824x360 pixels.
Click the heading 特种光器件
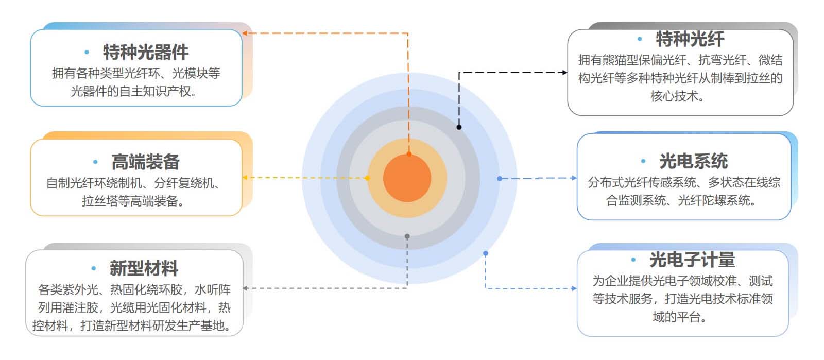pyautogui.click(x=146, y=52)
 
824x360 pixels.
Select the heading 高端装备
pyautogui.click(x=146, y=162)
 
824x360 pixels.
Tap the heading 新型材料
pyautogui.click(x=144, y=268)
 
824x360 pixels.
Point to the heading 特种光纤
pyautogui.click(x=690, y=39)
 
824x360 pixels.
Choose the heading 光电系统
pyautogui.click(x=693, y=161)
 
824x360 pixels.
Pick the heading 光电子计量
pyautogui.click(x=692, y=260)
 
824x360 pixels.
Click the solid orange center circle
pyautogui.click(x=407, y=178)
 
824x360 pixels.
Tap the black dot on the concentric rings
pyautogui.click(x=459, y=127)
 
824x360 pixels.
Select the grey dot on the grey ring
pyautogui.click(x=407, y=236)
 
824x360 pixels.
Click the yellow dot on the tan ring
pyautogui.click(x=367, y=178)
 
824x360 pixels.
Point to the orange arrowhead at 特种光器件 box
pyautogui.click(x=245, y=33)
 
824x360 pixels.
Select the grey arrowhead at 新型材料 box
pyautogui.click(x=246, y=288)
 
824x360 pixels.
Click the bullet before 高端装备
pyautogui.click(x=95, y=162)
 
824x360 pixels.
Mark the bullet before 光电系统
pyautogui.click(x=643, y=162)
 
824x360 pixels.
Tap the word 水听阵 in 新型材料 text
pyautogui.click(x=212, y=290)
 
